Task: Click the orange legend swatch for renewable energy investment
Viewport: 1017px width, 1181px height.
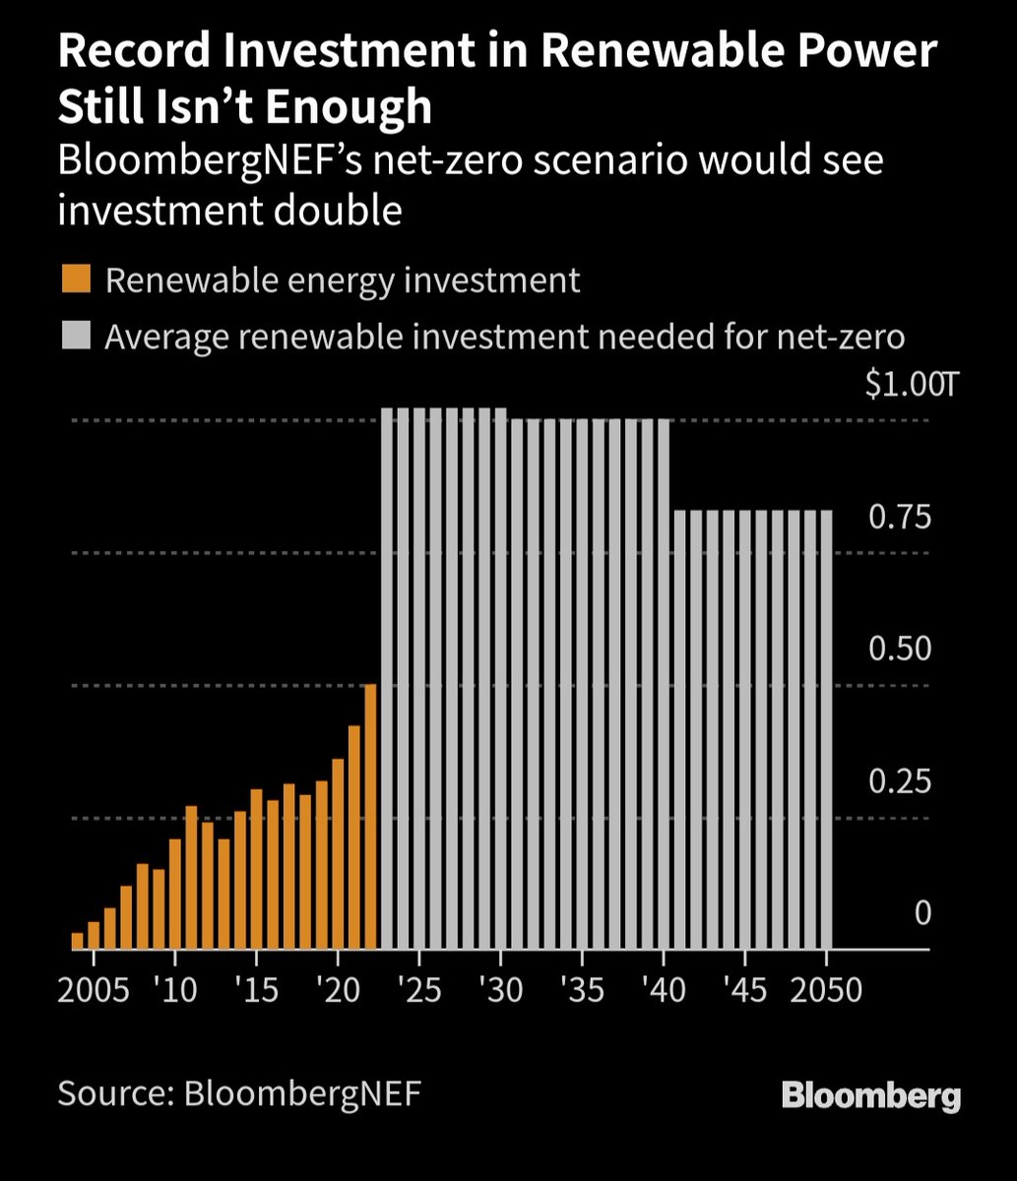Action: click(x=75, y=280)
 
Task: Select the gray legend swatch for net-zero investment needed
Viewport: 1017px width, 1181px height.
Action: click(x=75, y=337)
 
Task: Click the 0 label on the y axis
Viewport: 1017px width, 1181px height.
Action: click(x=922, y=913)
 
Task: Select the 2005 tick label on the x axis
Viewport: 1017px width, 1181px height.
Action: click(x=94, y=988)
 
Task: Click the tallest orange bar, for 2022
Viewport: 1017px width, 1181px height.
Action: click(x=370, y=817)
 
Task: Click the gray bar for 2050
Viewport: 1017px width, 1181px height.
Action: click(x=826, y=729)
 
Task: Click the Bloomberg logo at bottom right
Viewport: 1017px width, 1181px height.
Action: click(x=870, y=1095)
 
